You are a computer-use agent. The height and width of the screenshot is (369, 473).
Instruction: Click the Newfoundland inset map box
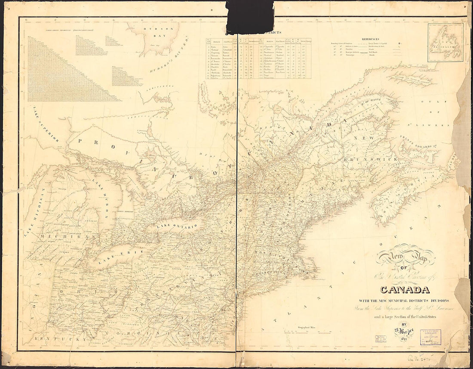(x=445, y=42)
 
